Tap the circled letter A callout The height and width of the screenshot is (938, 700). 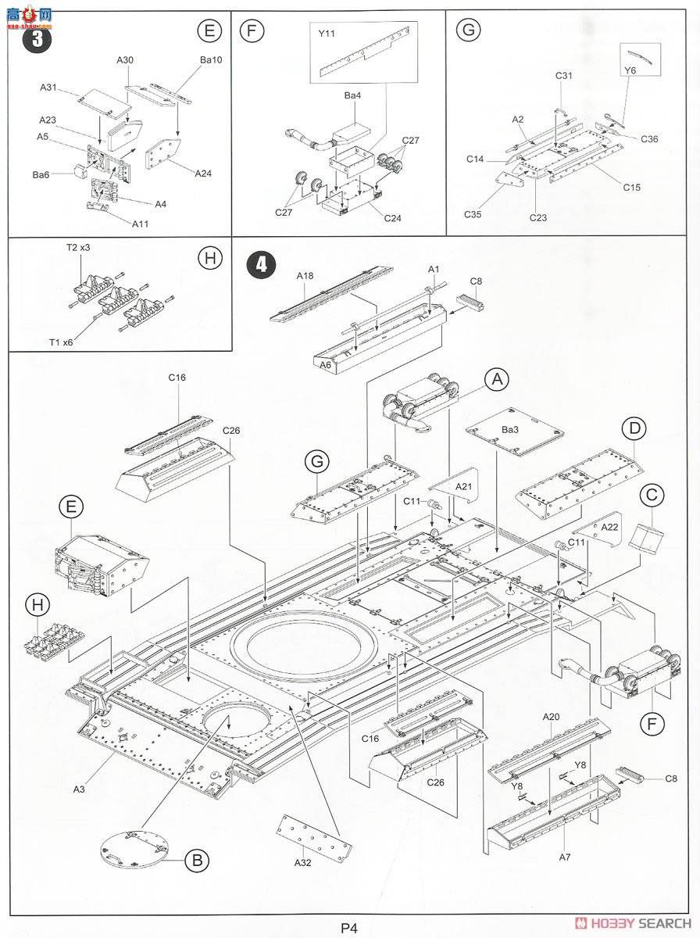click(495, 380)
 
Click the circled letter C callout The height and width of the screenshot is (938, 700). click(652, 495)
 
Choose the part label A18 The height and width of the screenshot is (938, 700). click(305, 275)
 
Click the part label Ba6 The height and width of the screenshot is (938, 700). click(41, 174)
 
